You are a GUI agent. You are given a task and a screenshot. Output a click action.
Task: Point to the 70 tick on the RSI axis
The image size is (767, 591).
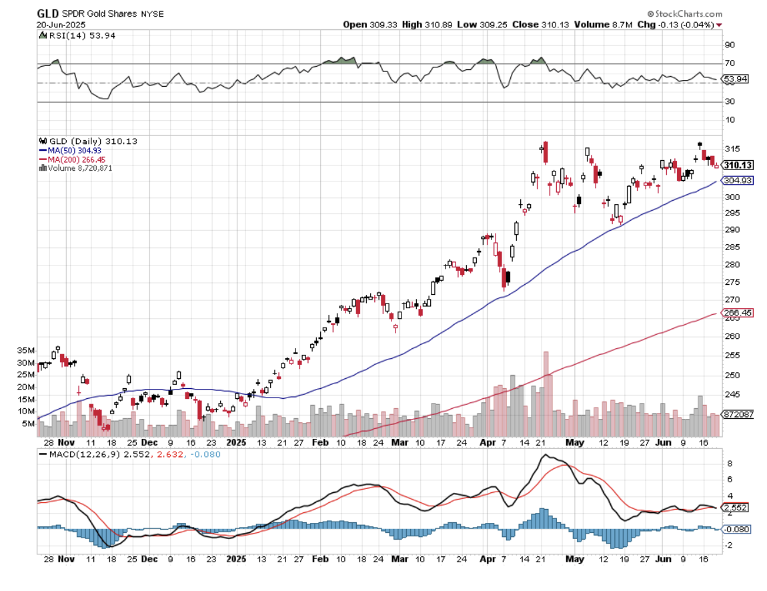click(730, 63)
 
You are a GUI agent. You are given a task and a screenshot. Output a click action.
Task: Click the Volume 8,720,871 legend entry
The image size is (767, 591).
click(79, 168)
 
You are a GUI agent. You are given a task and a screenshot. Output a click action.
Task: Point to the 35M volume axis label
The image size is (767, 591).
click(27, 350)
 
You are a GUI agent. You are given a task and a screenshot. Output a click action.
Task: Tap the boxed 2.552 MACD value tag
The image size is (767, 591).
click(736, 507)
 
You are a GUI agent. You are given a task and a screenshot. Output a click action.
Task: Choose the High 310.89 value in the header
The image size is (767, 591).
click(422, 25)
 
